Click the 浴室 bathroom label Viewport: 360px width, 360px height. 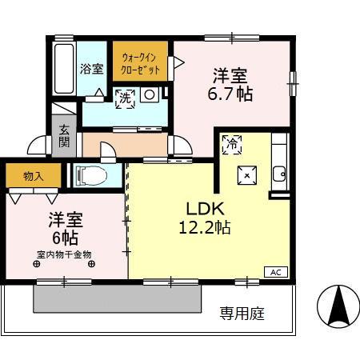coord(91,68)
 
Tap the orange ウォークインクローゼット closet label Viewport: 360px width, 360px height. coord(140,62)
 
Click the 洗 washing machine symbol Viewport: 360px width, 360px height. coord(123,98)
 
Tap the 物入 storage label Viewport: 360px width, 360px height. coord(33,176)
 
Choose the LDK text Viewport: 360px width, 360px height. coord(204,205)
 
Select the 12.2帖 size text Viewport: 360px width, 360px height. coord(204,227)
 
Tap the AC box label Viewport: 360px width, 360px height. coord(275,271)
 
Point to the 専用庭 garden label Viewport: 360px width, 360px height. coord(242,312)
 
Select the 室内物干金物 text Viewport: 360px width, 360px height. coord(64,254)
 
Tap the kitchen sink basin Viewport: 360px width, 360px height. coord(279,175)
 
